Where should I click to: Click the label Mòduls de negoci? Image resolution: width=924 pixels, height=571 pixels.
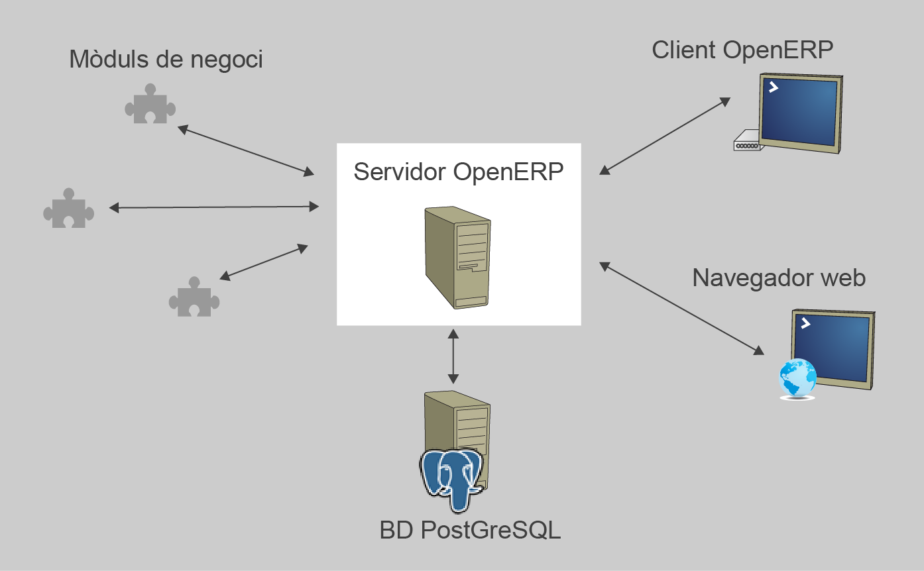click(166, 60)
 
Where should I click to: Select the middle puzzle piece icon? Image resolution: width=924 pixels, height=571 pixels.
click(68, 209)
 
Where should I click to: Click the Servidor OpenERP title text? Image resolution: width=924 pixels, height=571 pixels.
click(458, 172)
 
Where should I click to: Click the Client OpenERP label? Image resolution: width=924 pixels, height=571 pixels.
click(742, 50)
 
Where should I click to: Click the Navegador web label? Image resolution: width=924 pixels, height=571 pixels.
click(779, 278)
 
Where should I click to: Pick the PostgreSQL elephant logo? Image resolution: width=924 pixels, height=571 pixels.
click(451, 478)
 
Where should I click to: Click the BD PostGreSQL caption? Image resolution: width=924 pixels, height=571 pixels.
click(470, 531)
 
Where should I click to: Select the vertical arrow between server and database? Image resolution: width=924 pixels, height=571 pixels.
click(453, 356)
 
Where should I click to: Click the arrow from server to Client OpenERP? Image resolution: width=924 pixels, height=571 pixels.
click(664, 136)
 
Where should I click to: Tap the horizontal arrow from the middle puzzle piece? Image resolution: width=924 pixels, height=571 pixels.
click(213, 207)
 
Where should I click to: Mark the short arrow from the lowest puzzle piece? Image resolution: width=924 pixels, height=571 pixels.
click(264, 262)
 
